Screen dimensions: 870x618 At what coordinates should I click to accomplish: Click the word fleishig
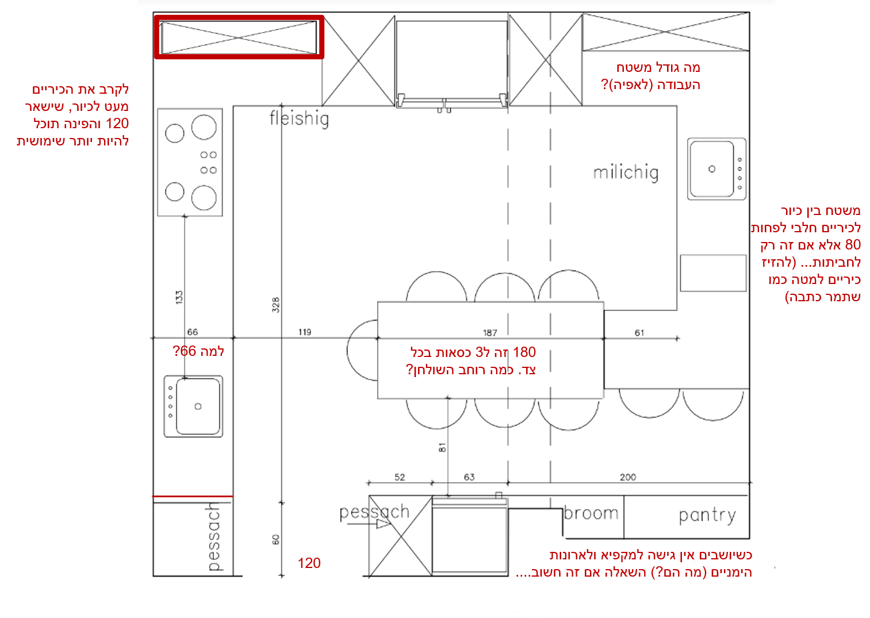pos(299,119)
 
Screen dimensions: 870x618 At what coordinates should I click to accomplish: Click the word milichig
pos(626,172)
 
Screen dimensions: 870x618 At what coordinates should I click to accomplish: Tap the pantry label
pos(707,516)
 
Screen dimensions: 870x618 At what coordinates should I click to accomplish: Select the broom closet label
pos(591,513)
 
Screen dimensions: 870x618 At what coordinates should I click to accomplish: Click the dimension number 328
pos(276,305)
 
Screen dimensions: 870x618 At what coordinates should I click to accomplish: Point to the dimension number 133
pos(179,297)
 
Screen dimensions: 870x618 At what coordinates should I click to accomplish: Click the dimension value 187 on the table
pos(490,333)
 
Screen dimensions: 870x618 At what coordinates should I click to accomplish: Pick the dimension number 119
pos(305,332)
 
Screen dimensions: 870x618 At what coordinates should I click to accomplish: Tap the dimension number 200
pos(628,477)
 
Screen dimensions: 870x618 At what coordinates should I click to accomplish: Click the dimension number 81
pos(442,448)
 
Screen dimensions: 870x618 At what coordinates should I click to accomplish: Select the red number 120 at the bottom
pos(309,563)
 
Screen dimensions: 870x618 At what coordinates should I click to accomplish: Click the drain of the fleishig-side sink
pos(198,406)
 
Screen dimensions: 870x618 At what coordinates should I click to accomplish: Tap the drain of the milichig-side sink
pos(711,169)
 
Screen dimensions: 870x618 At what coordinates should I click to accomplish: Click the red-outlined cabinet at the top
pos(239,37)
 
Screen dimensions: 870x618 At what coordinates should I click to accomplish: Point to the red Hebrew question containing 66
pos(198,351)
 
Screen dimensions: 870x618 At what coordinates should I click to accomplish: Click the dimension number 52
pos(400,477)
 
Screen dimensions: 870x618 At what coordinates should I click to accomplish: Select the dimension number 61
pos(639,333)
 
